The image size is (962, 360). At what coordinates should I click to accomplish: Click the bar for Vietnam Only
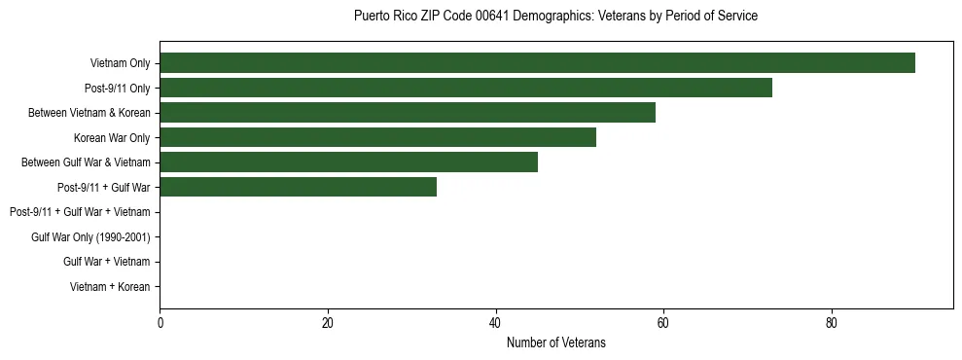(x=537, y=63)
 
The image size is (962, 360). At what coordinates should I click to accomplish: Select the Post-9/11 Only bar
(x=466, y=88)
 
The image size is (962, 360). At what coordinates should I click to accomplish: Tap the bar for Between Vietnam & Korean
(x=408, y=113)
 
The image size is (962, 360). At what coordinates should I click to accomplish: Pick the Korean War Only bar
(x=377, y=138)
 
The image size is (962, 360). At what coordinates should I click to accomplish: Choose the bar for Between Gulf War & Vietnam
(x=348, y=162)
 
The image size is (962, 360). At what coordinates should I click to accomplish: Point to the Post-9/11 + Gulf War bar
(x=298, y=188)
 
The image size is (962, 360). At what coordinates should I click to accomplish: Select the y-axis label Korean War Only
(x=112, y=138)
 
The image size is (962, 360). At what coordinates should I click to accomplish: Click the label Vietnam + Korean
(x=110, y=287)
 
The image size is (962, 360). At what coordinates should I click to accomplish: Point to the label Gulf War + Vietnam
(x=106, y=262)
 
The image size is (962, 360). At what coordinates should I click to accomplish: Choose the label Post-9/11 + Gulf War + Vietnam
(x=80, y=212)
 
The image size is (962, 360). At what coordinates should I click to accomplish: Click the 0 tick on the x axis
(x=160, y=323)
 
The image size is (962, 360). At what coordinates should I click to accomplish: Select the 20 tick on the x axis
(x=328, y=323)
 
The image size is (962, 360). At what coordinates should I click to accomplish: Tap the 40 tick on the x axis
(x=495, y=323)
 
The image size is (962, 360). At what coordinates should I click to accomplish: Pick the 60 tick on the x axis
(x=663, y=323)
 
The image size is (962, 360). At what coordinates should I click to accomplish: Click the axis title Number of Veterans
(x=555, y=342)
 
